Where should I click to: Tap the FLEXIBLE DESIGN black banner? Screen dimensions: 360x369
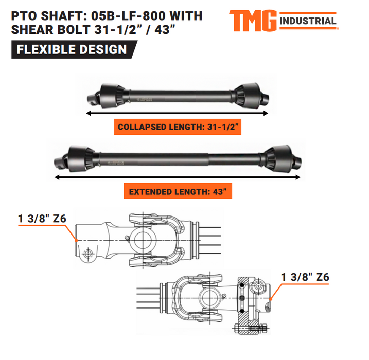coord(72,50)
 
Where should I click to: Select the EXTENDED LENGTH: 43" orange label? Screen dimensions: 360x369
coord(178,192)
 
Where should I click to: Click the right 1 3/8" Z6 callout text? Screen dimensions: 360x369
coord(305,277)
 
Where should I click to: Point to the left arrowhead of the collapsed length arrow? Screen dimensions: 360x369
coord(89,112)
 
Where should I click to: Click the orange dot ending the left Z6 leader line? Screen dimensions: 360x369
coord(76,240)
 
